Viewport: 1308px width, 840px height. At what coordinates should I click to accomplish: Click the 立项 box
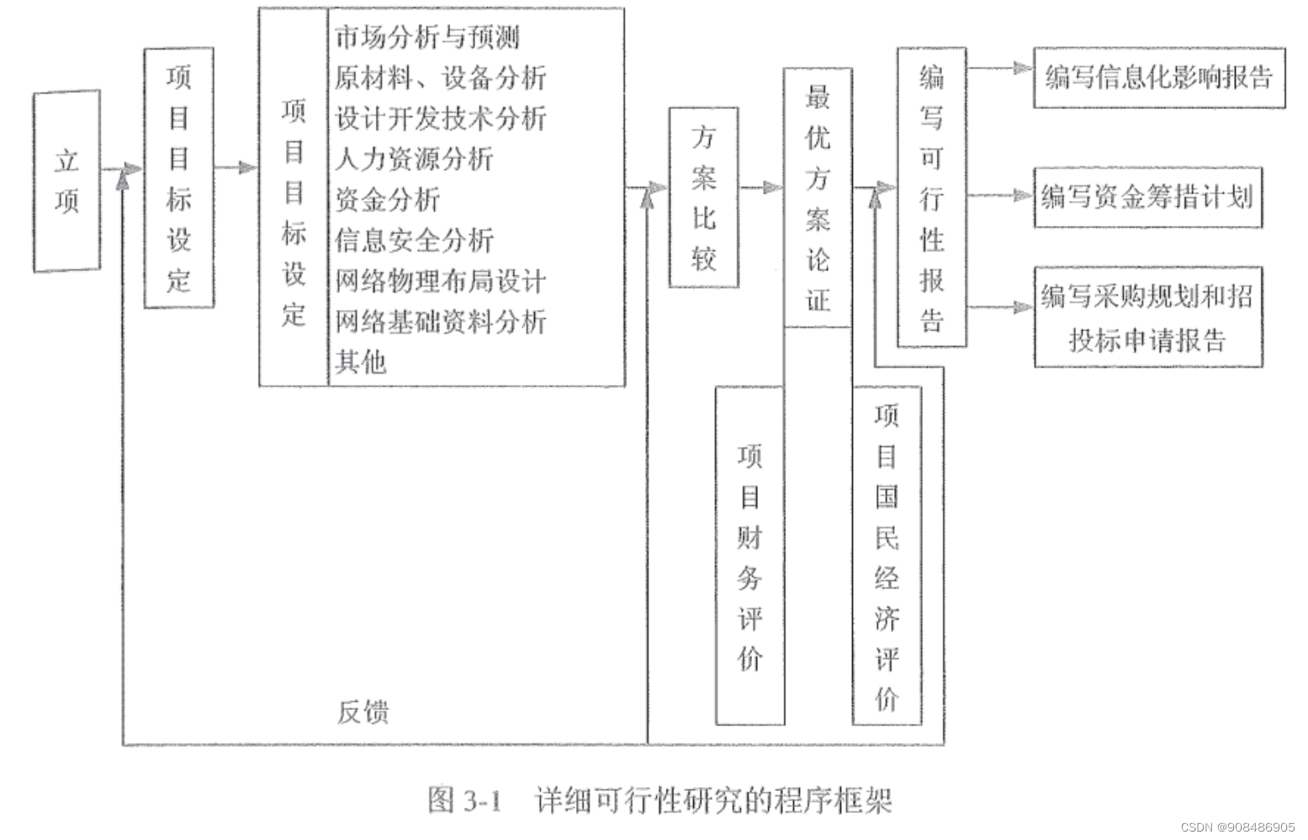click(66, 181)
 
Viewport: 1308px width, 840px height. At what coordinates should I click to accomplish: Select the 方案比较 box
click(704, 198)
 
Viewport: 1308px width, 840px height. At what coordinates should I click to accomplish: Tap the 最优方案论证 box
click(818, 198)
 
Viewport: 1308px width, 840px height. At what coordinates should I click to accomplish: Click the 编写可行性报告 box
click(931, 198)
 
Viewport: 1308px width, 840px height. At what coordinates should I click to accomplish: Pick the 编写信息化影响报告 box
click(1158, 78)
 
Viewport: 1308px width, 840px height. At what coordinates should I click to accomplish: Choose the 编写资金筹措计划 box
click(1148, 198)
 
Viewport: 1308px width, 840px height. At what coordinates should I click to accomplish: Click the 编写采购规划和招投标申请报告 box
click(1148, 317)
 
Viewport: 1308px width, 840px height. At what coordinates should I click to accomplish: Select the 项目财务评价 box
click(749, 556)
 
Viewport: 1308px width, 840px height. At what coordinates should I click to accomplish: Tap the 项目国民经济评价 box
click(887, 556)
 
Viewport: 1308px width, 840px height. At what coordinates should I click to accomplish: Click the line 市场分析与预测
click(427, 38)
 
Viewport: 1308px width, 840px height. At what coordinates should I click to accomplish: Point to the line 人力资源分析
click(414, 159)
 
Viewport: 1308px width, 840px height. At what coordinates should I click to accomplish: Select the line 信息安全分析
click(414, 241)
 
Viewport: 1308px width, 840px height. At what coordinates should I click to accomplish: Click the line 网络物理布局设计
click(441, 281)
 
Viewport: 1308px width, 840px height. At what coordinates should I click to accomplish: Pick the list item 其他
click(361, 362)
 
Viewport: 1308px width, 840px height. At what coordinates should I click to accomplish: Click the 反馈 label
click(363, 712)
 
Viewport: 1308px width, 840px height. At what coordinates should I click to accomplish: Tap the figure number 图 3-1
click(464, 800)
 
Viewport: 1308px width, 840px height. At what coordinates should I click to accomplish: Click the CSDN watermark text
click(1237, 827)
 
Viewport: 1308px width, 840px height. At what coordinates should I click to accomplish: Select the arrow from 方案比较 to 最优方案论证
click(761, 188)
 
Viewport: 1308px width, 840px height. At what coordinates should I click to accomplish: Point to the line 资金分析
click(387, 200)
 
